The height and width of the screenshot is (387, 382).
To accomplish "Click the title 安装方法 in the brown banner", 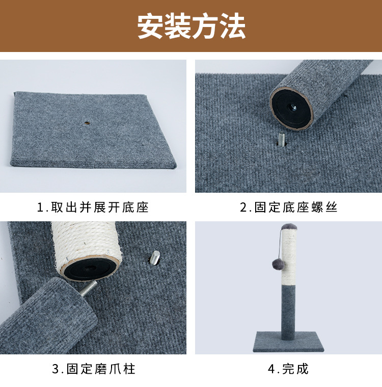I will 191,26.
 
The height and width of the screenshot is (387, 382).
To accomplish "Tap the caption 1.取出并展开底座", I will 93,208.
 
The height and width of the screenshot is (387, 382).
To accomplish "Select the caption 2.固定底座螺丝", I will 289,208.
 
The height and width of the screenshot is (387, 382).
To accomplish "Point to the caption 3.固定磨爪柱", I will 94,369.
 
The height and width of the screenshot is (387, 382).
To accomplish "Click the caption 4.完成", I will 288,369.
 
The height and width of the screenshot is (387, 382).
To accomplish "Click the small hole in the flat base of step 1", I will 88,123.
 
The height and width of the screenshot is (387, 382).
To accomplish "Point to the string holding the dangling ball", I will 279,245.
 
